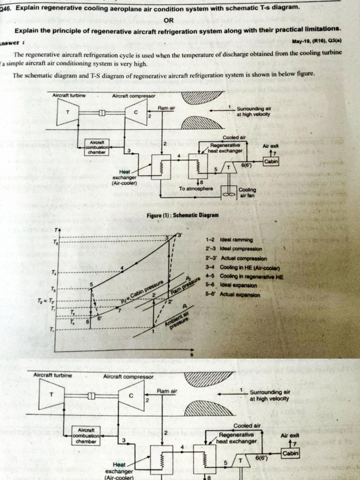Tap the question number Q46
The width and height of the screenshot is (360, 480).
tap(7, 8)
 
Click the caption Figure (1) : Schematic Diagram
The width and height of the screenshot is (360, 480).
tap(183, 215)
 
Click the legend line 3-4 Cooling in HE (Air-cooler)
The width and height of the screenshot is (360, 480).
tap(242, 268)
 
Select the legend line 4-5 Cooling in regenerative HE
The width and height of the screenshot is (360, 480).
tap(244, 277)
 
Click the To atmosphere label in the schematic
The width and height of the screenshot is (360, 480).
tap(196, 188)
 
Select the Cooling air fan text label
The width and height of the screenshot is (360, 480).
tap(247, 194)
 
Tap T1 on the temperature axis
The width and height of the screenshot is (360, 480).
tap(52, 330)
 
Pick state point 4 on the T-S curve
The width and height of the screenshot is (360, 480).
tap(123, 268)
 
